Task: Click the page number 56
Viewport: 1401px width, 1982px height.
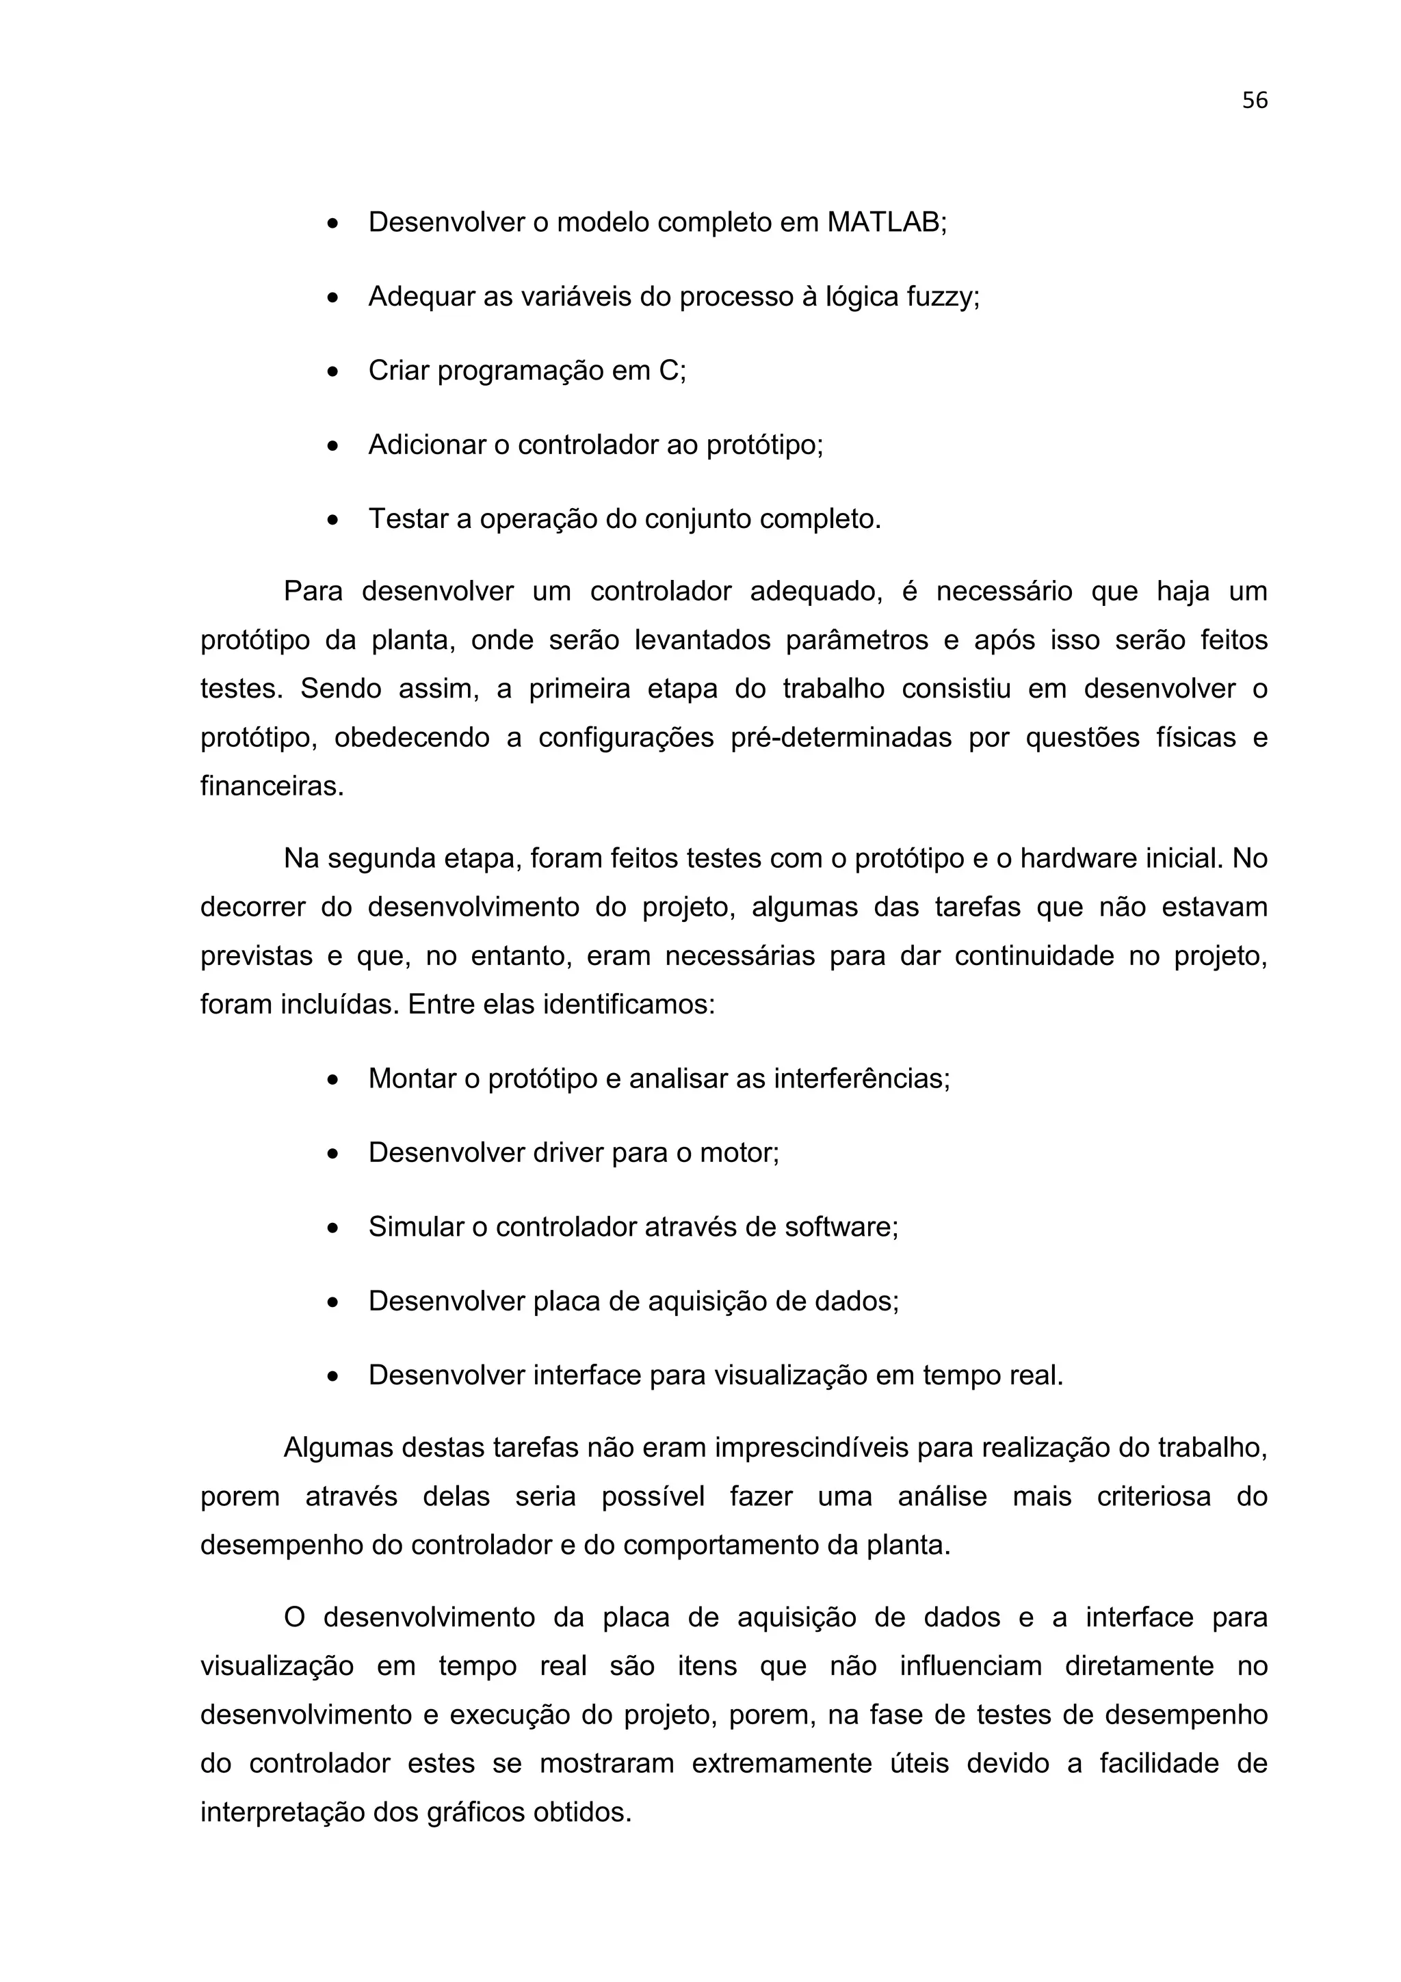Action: tap(1253, 101)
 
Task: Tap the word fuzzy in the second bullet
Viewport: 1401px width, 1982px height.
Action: tap(943, 297)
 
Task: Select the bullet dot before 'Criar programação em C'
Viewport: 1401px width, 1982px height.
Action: tap(333, 372)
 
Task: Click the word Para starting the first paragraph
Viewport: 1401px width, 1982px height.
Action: tap(313, 592)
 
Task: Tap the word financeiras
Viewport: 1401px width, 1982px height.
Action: tap(272, 787)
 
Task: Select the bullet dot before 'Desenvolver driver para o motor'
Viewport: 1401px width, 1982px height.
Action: tap(333, 1154)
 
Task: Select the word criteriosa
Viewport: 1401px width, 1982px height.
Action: tap(1153, 1497)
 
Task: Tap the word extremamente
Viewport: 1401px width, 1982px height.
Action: tap(781, 1765)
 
